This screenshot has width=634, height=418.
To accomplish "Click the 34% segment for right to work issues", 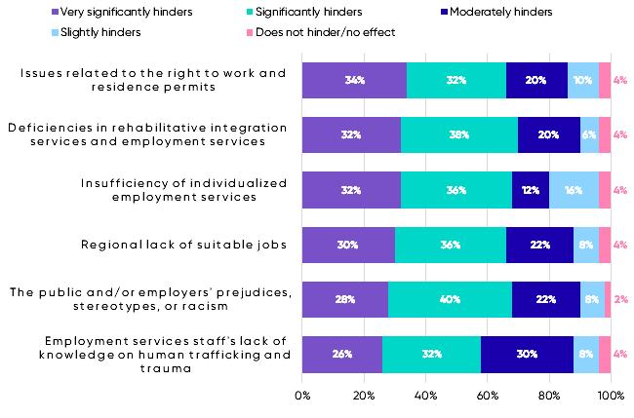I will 354,80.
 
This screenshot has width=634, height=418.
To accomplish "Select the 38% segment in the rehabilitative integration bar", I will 458,135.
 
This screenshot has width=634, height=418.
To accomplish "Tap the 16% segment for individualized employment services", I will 574,190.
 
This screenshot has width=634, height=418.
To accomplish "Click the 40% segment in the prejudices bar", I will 450,300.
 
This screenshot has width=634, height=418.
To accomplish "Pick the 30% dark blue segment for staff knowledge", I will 527,355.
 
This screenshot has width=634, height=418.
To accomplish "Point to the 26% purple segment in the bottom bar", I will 342,355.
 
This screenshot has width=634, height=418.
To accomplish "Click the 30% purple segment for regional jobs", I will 348,245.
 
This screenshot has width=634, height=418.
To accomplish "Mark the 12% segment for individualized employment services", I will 531,190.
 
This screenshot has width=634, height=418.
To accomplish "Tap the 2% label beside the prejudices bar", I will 619,300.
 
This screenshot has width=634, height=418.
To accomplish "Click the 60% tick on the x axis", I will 487,397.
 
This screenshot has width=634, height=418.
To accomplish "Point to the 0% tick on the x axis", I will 302,397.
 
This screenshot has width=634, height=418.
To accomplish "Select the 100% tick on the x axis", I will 610,397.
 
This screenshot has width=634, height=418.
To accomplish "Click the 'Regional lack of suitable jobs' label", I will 183,245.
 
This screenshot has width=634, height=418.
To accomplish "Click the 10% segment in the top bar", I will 583,80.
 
